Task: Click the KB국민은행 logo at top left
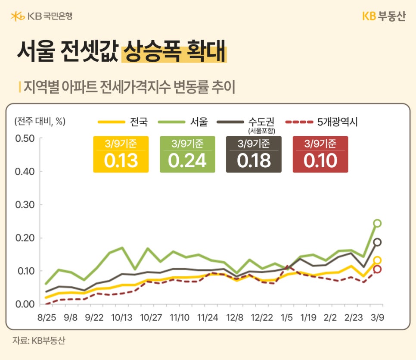[41, 16]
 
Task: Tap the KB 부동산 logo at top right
[383, 16]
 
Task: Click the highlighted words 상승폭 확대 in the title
[174, 52]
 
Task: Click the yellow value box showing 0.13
[121, 155]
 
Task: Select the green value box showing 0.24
[187, 155]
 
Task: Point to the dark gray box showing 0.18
[254, 155]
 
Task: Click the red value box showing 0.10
[320, 155]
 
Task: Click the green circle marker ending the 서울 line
[377, 223]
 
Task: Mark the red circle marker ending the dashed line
[377, 269]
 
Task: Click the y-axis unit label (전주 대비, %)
[40, 121]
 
